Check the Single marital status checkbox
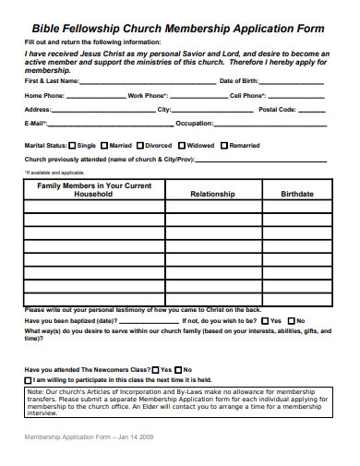tap(72, 145)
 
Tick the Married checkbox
tap(103, 145)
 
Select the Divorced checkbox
tap(140, 145)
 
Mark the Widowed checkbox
tap(182, 145)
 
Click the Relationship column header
tap(212, 195)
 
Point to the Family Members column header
tap(93, 189)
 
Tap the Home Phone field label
tap(45, 95)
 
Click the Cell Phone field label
tap(248, 95)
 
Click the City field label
tap(165, 109)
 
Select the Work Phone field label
tap(148, 95)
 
